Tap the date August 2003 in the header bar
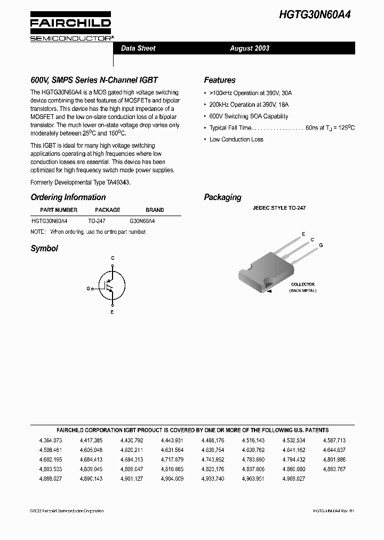(x=250, y=48)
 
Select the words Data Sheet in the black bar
(x=138, y=48)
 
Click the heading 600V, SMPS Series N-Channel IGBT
(x=94, y=80)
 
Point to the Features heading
(x=220, y=80)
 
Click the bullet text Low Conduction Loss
(x=236, y=139)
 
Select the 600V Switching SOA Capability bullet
(x=249, y=116)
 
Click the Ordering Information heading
(x=68, y=197)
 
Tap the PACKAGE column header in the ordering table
(x=108, y=210)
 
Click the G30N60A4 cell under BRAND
(x=142, y=220)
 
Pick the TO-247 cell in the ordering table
(x=97, y=220)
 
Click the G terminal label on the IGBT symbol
(x=88, y=288)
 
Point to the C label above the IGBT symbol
(x=113, y=258)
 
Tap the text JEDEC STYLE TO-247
(x=279, y=208)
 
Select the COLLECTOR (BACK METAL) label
(x=302, y=287)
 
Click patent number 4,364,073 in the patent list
(x=51, y=440)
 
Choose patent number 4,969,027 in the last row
(x=294, y=479)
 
